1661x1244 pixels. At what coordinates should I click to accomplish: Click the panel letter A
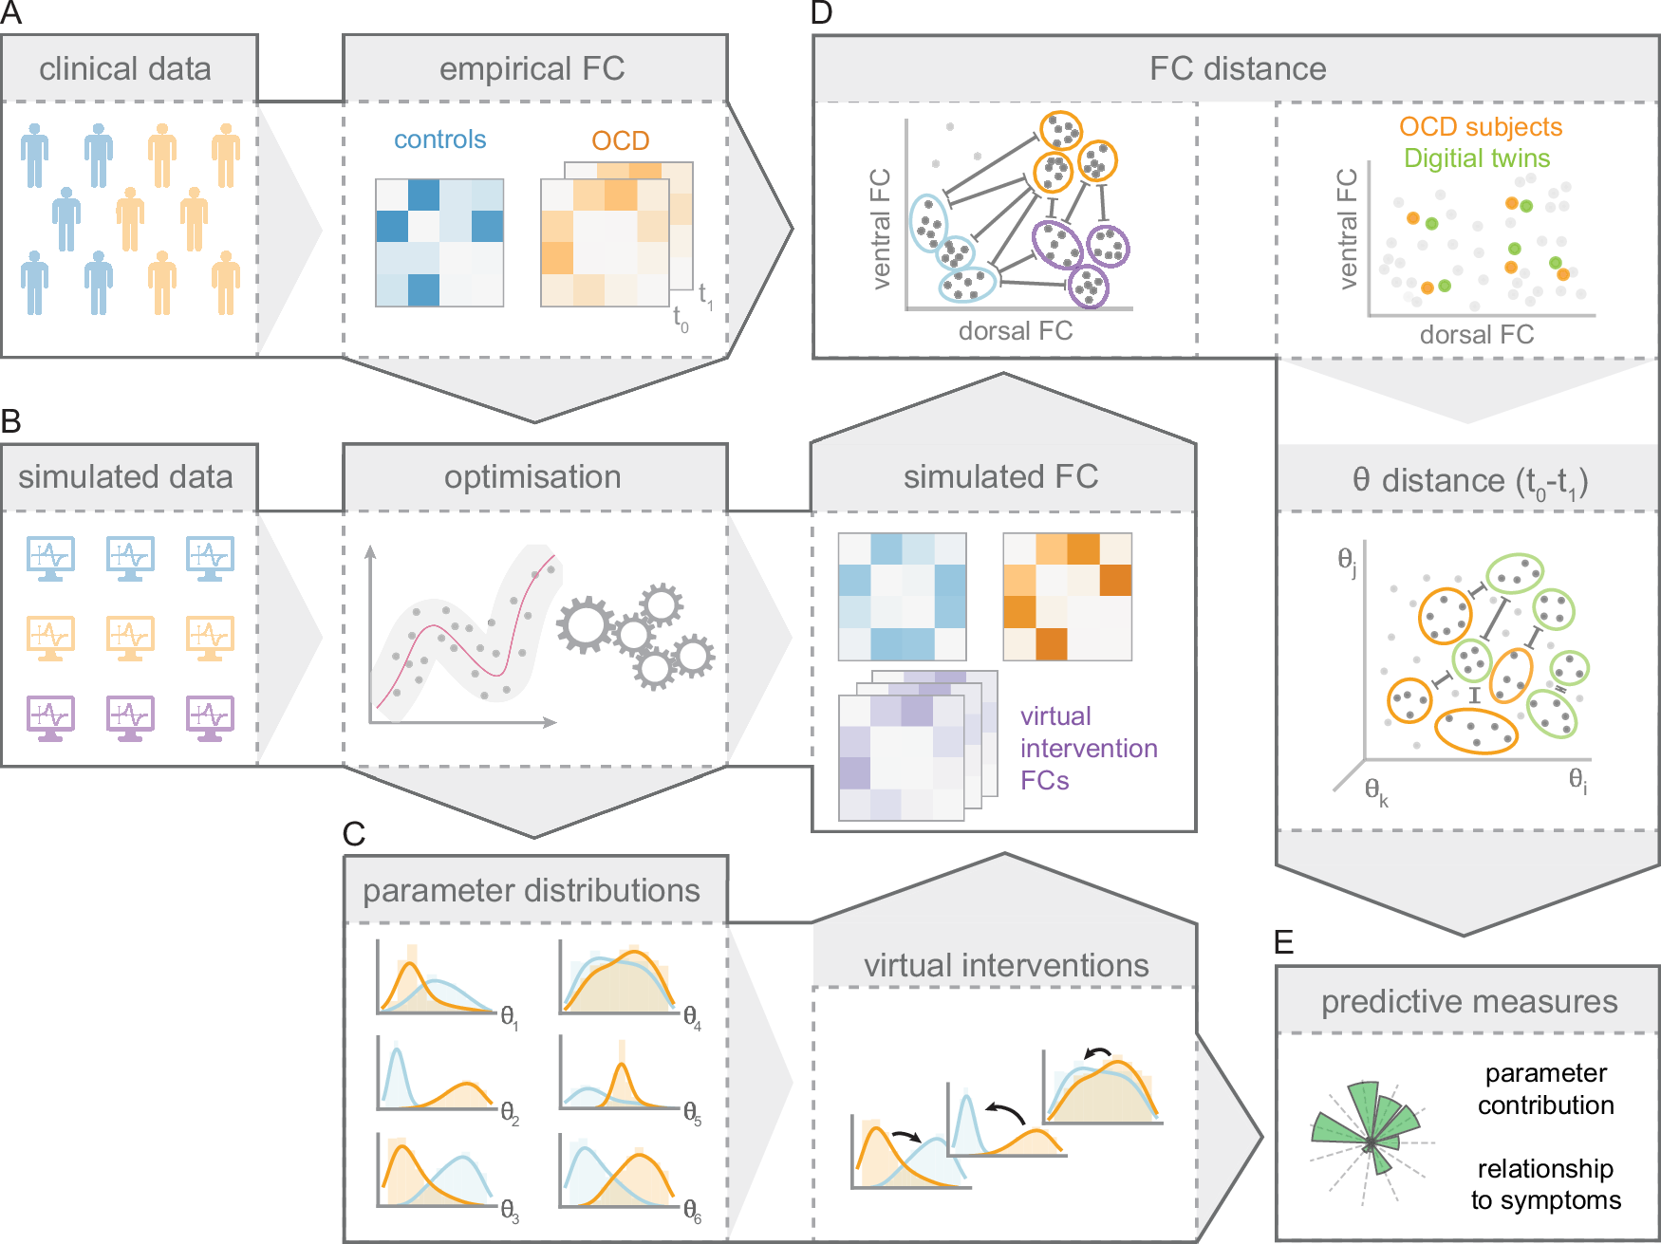[x=10, y=12]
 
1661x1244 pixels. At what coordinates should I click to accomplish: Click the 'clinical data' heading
[x=125, y=69]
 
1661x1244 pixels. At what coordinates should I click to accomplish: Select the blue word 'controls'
[x=439, y=139]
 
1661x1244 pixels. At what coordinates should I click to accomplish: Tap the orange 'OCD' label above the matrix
[x=620, y=140]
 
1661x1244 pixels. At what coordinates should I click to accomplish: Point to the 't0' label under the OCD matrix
[x=681, y=319]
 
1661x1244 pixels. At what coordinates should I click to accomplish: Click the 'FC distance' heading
[x=1237, y=69]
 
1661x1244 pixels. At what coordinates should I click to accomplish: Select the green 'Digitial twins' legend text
[x=1476, y=158]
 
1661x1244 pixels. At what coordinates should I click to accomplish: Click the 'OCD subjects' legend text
[x=1480, y=127]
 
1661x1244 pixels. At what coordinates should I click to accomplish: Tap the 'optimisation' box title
[x=532, y=477]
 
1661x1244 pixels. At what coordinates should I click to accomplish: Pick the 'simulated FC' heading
[x=1000, y=477]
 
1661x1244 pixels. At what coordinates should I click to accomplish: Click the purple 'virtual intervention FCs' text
[x=1088, y=748]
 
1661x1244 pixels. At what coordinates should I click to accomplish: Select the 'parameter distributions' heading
[x=531, y=891]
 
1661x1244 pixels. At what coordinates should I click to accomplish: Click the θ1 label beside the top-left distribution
[x=510, y=1018]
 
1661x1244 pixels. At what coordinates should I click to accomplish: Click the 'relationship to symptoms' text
[x=1545, y=1184]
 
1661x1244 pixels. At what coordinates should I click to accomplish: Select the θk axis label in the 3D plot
[x=1376, y=791]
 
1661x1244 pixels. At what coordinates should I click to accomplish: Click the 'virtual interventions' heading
[x=1006, y=966]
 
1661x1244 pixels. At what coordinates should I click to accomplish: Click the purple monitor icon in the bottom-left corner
[x=50, y=718]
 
